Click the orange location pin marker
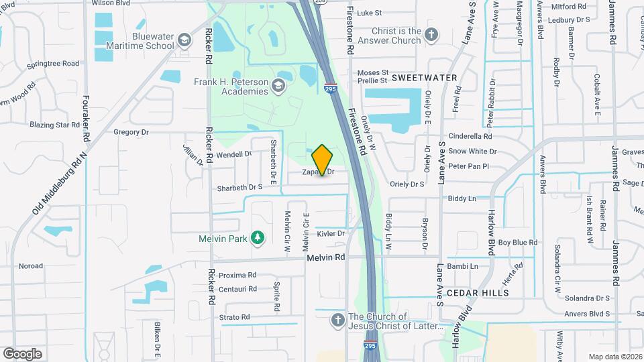point(322,160)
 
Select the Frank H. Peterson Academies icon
point(278,86)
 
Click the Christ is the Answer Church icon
point(431,35)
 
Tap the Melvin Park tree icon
point(256,238)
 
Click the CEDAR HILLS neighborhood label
point(478,293)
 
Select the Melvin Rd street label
point(325,257)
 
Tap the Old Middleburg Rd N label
point(60,183)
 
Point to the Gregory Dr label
point(131,132)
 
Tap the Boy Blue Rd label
point(517,242)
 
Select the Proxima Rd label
point(237,275)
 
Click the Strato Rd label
point(235,317)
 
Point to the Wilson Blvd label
point(110,3)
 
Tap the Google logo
point(22,353)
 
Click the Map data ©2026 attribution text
point(615,357)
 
